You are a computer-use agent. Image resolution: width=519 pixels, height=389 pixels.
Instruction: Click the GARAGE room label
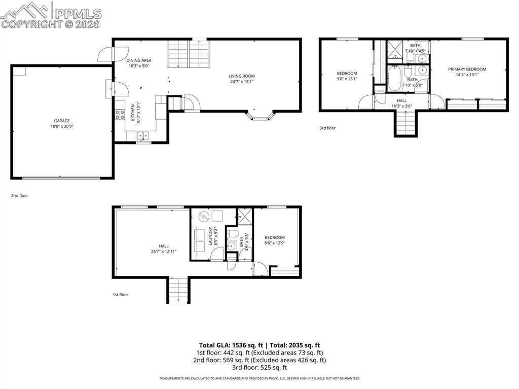pos(62,121)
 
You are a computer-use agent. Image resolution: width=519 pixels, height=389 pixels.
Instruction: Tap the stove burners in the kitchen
pos(120,115)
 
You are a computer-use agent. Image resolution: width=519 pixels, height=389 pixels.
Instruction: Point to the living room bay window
pos(261,117)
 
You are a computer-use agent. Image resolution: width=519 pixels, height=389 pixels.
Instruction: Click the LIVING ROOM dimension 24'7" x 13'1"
pos(241,82)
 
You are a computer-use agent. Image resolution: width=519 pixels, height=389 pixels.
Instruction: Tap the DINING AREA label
pos(139,60)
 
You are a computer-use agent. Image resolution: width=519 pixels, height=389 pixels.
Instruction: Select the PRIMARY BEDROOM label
pos(467,69)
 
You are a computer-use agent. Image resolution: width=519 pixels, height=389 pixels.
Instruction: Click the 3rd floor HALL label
pos(401,100)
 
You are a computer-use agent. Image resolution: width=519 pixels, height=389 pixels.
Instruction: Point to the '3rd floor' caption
pos(327,128)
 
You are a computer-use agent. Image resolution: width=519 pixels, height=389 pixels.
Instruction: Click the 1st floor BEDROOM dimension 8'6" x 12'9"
pos(274,243)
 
